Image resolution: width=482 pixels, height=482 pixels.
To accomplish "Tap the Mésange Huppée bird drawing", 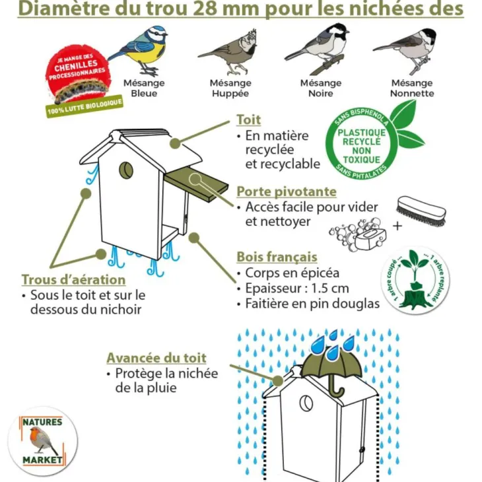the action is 229,52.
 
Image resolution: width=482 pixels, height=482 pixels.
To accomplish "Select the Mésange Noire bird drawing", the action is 318,49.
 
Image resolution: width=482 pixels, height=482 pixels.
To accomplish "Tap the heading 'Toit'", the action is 248,120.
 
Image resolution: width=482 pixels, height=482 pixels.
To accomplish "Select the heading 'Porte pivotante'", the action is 287,191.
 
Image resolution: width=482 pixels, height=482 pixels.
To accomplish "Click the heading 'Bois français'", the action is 277,257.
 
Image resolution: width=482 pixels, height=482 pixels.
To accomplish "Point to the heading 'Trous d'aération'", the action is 73,279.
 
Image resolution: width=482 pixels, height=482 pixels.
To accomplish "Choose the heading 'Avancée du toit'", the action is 156,358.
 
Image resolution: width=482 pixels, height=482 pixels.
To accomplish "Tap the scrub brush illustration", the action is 421,211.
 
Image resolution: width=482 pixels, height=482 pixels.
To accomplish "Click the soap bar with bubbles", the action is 358,234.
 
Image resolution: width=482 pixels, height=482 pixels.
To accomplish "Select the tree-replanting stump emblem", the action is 415,281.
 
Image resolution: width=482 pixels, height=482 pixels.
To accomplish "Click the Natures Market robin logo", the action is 43,441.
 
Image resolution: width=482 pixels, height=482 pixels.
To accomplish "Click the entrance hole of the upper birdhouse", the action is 126,170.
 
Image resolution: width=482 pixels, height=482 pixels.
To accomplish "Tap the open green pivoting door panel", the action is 197,184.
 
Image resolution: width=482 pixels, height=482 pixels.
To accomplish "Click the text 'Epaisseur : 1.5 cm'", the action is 297,289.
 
